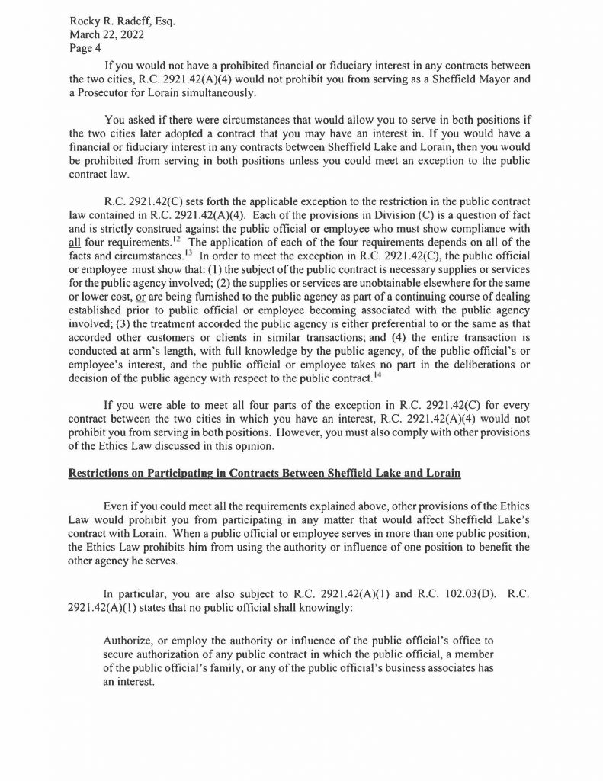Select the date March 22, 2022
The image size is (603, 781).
102,35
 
